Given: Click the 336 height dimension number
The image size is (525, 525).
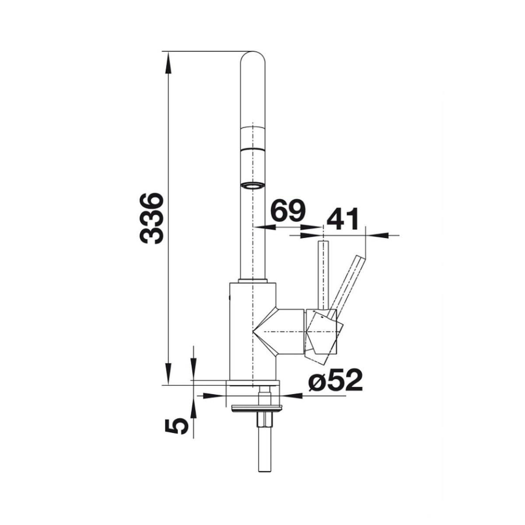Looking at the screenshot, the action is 151,218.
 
